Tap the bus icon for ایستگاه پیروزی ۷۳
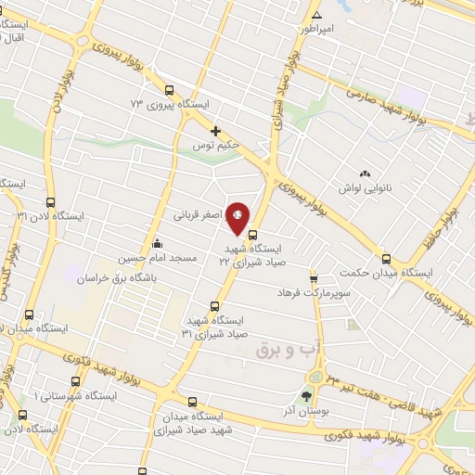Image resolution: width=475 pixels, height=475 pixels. (169, 91)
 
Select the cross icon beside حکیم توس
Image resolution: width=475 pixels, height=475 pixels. (216, 131)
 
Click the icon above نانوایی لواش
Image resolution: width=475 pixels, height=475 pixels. (364, 173)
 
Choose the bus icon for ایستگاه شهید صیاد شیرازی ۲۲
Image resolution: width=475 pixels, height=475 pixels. (253, 234)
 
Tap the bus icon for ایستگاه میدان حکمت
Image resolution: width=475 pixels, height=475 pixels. (386, 259)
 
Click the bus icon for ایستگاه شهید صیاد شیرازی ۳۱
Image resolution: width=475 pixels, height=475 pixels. (215, 305)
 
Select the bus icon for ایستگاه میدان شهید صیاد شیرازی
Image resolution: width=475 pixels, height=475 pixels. (192, 403)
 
